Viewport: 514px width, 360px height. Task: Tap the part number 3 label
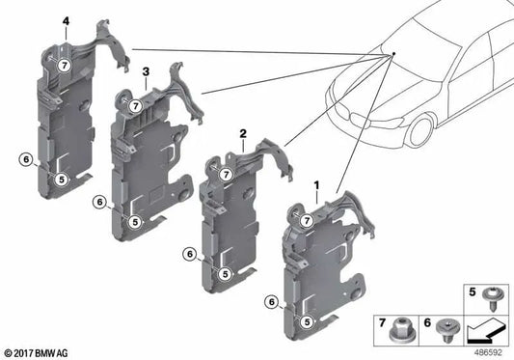click(x=145, y=71)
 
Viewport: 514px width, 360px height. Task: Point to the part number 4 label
click(x=65, y=20)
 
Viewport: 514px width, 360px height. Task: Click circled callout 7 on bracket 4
click(x=64, y=65)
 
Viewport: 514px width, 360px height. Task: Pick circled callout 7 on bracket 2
click(x=224, y=174)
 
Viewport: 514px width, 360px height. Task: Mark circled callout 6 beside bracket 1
click(x=272, y=302)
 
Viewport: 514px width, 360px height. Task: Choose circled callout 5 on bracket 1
click(x=307, y=320)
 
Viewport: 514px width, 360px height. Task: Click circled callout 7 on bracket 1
click(x=306, y=222)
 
